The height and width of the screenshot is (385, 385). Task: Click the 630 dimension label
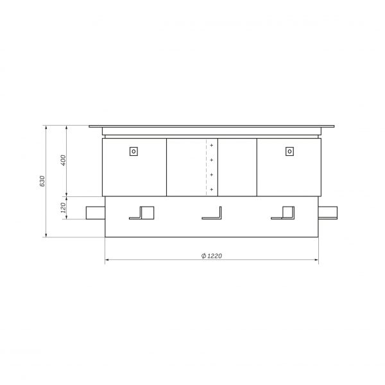[42, 181]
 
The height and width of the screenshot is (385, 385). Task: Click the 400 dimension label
[63, 160]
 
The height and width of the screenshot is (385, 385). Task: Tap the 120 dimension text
[63, 208]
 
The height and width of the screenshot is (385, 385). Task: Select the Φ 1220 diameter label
[211, 256]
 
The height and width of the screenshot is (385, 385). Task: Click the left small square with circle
[133, 151]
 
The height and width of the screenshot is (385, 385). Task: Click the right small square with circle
[290, 151]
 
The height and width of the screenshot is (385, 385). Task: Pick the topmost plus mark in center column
[211, 146]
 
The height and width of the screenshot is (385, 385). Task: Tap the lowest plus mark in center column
[211, 189]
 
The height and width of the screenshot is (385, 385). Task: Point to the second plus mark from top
[211, 160]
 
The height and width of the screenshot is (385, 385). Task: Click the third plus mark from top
[211, 175]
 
